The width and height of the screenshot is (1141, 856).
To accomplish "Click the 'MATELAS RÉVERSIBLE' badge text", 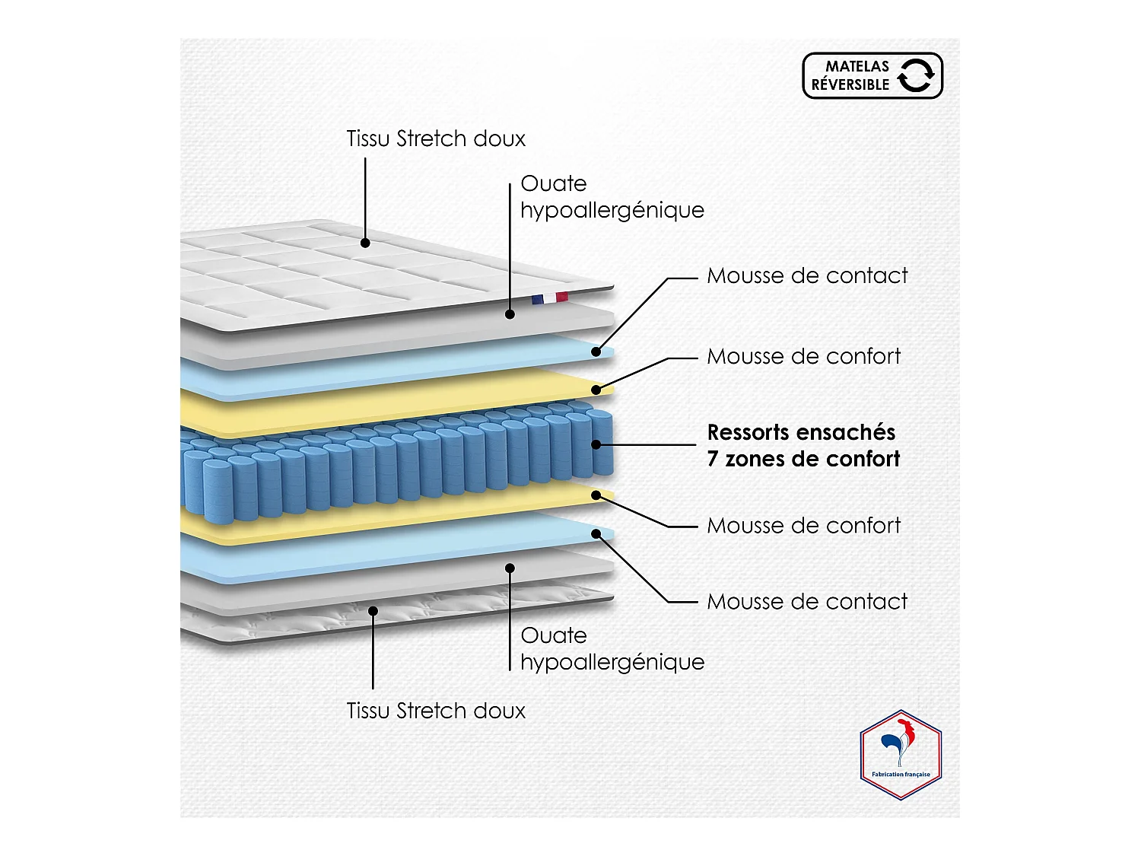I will pyautogui.click(x=850, y=75).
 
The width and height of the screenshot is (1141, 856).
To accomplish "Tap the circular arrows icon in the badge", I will pyautogui.click(x=916, y=75).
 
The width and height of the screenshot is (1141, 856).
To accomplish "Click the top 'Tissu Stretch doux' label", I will pyautogui.click(x=436, y=138).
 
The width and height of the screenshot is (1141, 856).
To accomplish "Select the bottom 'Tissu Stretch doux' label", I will pyautogui.click(x=436, y=711).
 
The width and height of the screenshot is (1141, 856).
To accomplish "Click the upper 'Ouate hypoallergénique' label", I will pyautogui.click(x=612, y=196).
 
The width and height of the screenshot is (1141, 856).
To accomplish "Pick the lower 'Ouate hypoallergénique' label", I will pyautogui.click(x=612, y=648).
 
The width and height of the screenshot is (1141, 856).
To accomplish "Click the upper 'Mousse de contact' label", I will pyautogui.click(x=807, y=275).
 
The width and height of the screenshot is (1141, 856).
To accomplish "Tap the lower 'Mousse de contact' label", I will pyautogui.click(x=807, y=602).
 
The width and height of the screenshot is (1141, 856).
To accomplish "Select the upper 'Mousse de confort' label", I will pyautogui.click(x=803, y=356).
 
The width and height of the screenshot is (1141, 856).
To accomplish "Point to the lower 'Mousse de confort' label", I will pyautogui.click(x=803, y=526).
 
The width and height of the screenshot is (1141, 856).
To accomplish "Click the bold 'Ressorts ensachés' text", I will pyautogui.click(x=801, y=432).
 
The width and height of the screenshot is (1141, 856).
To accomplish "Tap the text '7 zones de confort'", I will pyautogui.click(x=803, y=459).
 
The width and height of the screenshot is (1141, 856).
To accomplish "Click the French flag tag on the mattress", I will pyautogui.click(x=550, y=298).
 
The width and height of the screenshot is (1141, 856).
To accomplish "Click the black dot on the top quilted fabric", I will pyautogui.click(x=365, y=243).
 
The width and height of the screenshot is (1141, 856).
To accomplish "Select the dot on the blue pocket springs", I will pyautogui.click(x=596, y=444).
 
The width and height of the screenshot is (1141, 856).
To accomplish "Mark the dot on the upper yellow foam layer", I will pyautogui.click(x=596, y=390).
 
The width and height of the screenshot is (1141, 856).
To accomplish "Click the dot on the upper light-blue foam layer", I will pyautogui.click(x=596, y=352).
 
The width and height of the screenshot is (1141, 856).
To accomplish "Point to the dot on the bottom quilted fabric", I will pyautogui.click(x=373, y=610).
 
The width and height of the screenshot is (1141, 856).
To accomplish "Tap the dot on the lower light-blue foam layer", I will pyautogui.click(x=596, y=533).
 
